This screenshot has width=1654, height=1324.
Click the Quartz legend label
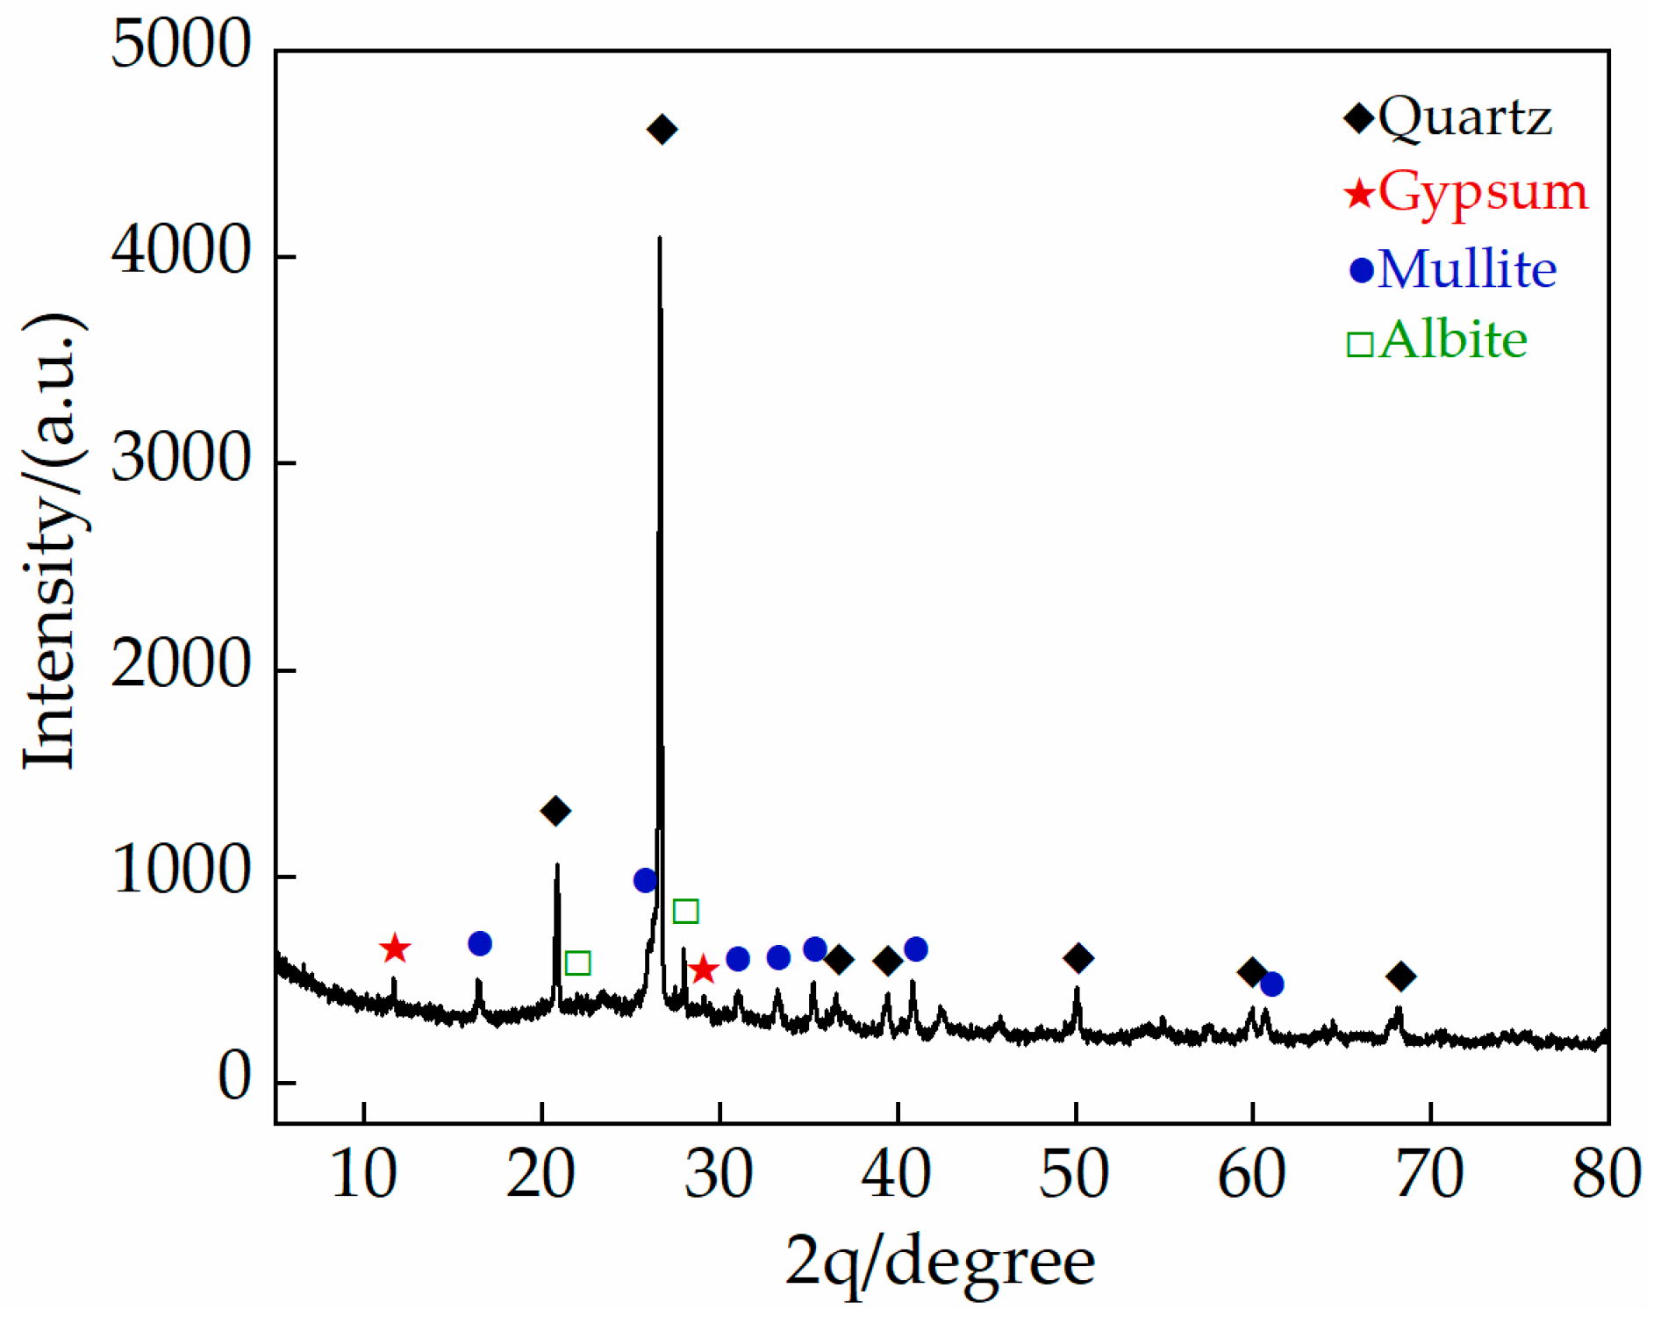[1464, 118]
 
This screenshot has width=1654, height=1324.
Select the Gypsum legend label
[1482, 192]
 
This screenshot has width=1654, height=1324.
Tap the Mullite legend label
[1466, 269]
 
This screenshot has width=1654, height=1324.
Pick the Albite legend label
[1452, 340]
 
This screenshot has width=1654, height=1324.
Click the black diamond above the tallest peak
[662, 130]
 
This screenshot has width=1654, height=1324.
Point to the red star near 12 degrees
[395, 948]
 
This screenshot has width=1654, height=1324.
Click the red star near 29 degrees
[704, 970]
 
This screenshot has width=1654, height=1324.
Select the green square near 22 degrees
[577, 963]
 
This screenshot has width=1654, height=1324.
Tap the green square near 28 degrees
[685, 912]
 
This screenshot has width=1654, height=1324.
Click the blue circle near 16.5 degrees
[480, 944]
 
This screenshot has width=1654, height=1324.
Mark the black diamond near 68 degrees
[1400, 976]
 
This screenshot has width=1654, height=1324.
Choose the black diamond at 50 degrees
[1078, 958]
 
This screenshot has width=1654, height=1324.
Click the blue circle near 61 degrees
[1271, 984]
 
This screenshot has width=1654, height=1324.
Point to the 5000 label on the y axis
[181, 46]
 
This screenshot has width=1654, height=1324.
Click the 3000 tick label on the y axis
[181, 459]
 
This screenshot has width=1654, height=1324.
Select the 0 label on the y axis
[233, 1077]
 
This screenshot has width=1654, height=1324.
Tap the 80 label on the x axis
[1606, 1174]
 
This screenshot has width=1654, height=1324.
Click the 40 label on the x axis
[896, 1174]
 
